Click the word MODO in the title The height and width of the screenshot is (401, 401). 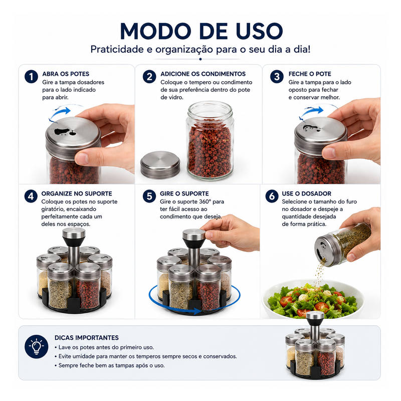click(155, 31)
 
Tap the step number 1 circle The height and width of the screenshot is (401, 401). click(31, 77)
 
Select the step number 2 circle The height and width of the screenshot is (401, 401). click(149, 77)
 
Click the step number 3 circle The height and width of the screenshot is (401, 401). click(277, 77)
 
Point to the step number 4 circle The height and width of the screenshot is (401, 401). click(31, 196)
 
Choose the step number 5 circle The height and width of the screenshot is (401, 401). click(149, 196)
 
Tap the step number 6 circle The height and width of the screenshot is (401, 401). click(272, 196)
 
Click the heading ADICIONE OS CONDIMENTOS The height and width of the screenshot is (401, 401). click(203, 74)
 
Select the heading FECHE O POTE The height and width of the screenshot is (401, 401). click(310, 74)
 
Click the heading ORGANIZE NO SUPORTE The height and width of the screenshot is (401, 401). click(77, 193)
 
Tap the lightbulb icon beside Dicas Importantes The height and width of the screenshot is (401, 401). click(36, 346)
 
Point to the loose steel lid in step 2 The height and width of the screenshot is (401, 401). click(160, 165)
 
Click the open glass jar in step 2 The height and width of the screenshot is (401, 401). click(210, 140)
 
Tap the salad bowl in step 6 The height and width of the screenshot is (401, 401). click(313, 299)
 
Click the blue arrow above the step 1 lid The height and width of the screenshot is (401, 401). click(60, 113)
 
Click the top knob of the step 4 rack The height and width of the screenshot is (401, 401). click(74, 233)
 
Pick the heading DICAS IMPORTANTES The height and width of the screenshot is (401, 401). click(86, 337)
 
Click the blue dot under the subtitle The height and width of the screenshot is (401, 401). click(200, 59)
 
